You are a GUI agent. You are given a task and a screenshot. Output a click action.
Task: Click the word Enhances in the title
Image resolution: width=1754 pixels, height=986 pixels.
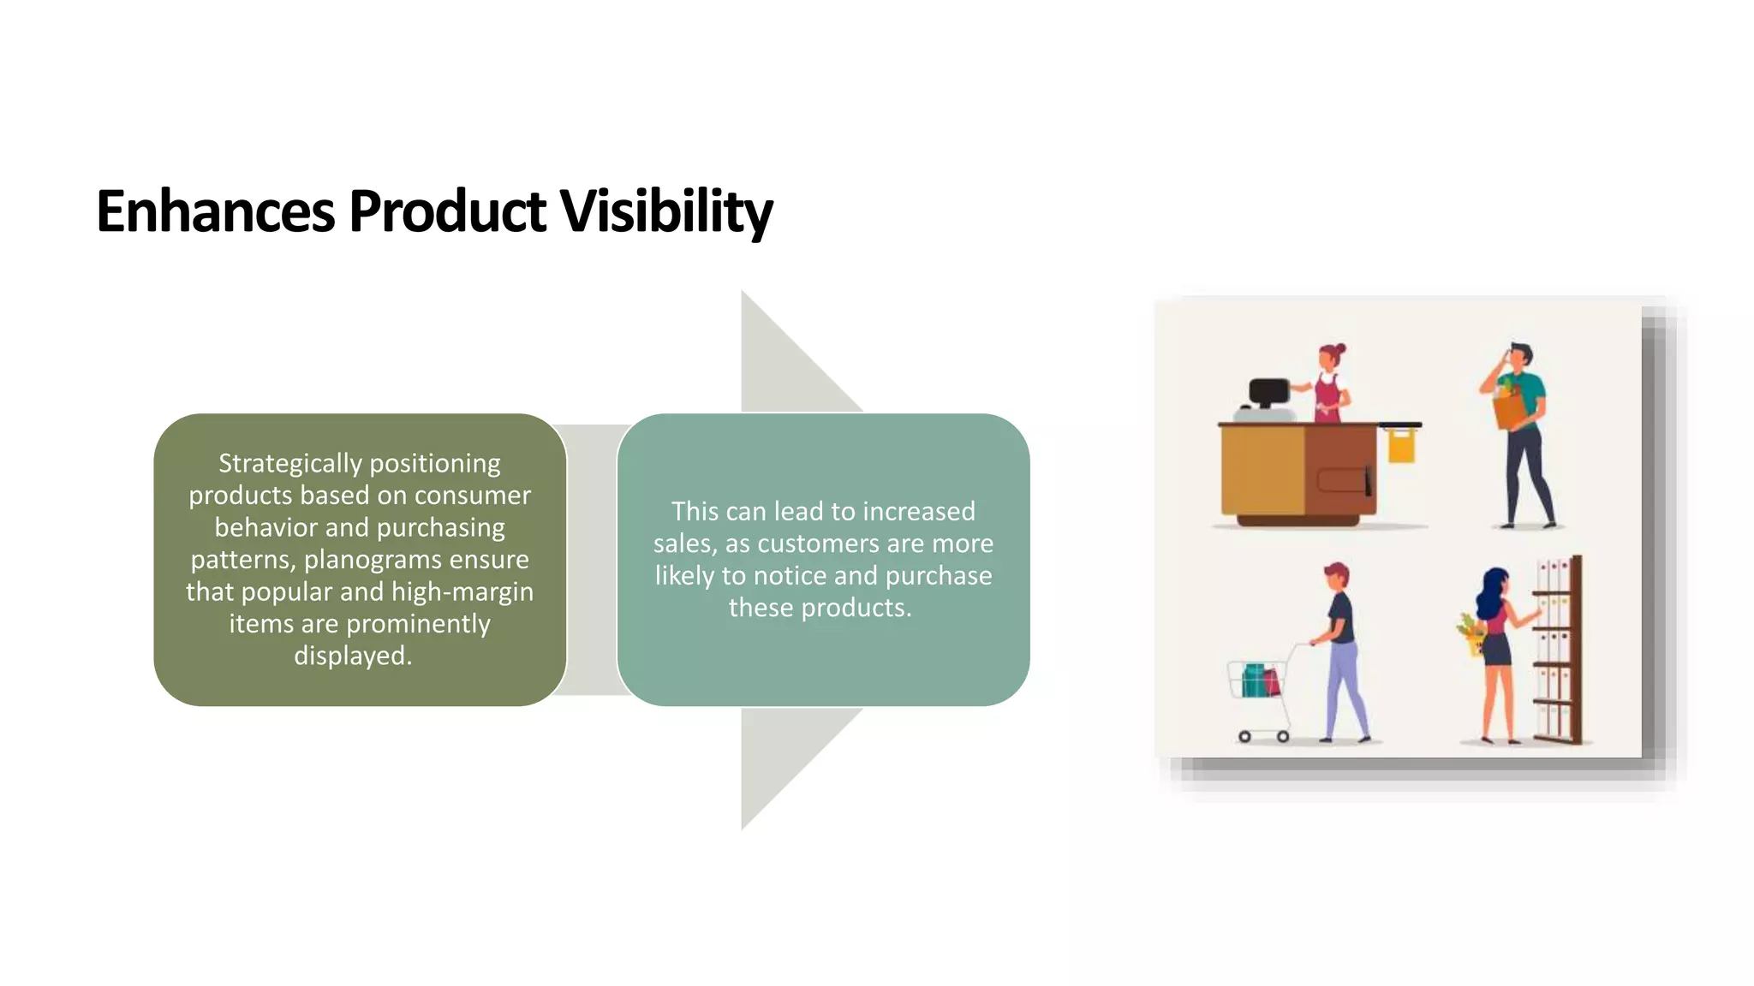click(215, 211)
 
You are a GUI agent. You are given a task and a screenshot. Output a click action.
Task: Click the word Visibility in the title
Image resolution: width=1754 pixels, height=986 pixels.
click(666, 211)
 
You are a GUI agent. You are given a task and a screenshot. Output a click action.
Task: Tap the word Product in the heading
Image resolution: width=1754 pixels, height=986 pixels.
click(447, 211)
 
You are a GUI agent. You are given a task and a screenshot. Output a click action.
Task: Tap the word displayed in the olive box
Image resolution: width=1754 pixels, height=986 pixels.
click(351, 656)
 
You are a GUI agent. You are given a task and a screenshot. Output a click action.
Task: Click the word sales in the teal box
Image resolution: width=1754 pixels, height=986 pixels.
click(683, 543)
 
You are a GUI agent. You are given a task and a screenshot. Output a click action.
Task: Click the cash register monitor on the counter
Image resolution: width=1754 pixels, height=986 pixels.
click(1268, 393)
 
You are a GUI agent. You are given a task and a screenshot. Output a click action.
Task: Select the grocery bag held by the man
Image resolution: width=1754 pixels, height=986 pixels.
click(1511, 407)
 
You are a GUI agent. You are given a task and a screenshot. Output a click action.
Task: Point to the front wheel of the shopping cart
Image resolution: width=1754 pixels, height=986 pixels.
click(1244, 736)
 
